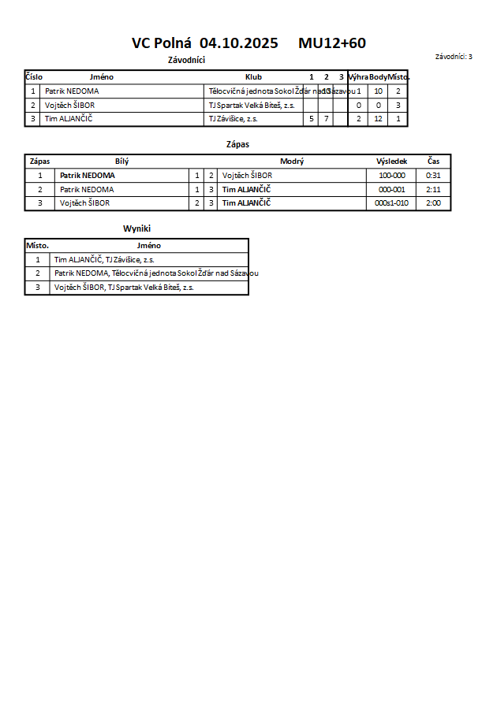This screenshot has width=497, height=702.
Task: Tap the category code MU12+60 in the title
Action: point(331,43)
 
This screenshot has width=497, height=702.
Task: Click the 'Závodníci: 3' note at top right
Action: point(454,57)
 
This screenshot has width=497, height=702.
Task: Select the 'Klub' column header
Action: point(253,77)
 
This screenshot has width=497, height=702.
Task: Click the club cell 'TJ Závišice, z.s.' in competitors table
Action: point(233,119)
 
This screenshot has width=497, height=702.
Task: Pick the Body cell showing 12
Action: point(379,119)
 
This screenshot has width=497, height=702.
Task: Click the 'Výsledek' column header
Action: point(392,162)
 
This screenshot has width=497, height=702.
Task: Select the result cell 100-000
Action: point(392,176)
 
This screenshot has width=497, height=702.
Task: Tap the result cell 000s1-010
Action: point(392,203)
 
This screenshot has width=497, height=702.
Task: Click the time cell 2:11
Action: point(433,190)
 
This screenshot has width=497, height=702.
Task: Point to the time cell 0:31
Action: point(433,176)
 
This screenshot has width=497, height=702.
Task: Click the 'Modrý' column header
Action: point(292,162)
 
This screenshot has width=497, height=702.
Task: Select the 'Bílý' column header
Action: point(121,162)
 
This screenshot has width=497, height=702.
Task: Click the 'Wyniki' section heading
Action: point(136,228)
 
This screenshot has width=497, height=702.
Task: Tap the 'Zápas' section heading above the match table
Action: point(237,144)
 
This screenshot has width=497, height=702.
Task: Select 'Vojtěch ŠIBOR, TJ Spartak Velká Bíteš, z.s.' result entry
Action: point(124,288)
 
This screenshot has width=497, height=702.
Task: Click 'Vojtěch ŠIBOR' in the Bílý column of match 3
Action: point(84,203)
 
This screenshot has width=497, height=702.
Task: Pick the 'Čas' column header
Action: point(433,162)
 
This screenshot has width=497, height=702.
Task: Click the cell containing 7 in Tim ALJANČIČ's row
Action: point(326,119)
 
